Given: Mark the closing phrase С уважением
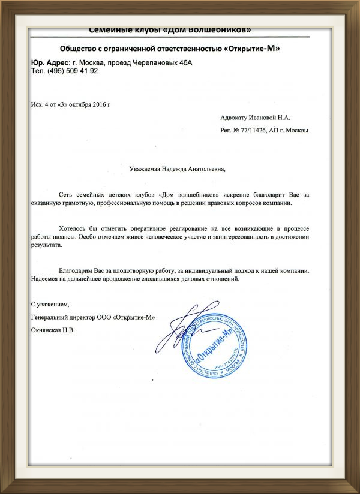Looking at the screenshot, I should pos(49,305).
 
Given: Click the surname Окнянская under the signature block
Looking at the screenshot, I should pos(49,330).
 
